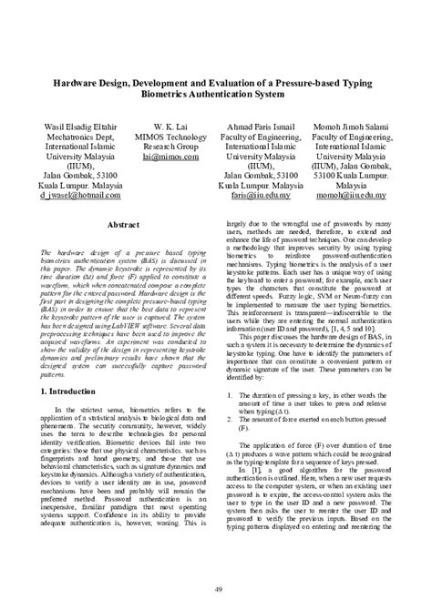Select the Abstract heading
(122, 223)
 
